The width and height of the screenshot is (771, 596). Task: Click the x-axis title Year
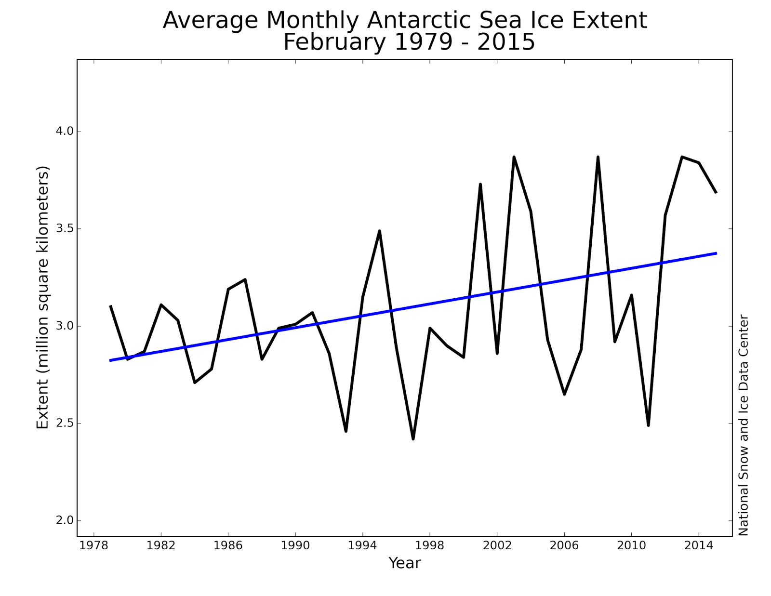click(x=404, y=563)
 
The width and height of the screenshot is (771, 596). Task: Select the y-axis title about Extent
click(x=43, y=297)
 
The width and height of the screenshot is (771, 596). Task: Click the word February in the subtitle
click(x=334, y=42)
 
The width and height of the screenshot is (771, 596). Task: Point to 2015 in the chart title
click(x=506, y=42)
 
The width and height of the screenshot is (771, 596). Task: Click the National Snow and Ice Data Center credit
click(x=744, y=425)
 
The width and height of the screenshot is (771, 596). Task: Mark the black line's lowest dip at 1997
click(x=413, y=438)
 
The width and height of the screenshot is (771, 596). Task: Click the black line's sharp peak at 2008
click(x=598, y=157)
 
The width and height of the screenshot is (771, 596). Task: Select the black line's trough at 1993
click(x=346, y=431)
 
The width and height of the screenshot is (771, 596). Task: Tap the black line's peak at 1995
click(x=380, y=231)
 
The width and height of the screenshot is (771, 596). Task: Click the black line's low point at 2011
click(x=648, y=425)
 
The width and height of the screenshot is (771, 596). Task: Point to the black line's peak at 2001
click(x=480, y=184)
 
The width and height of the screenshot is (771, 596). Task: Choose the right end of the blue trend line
click(x=716, y=253)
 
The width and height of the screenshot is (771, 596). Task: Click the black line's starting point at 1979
click(x=110, y=306)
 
